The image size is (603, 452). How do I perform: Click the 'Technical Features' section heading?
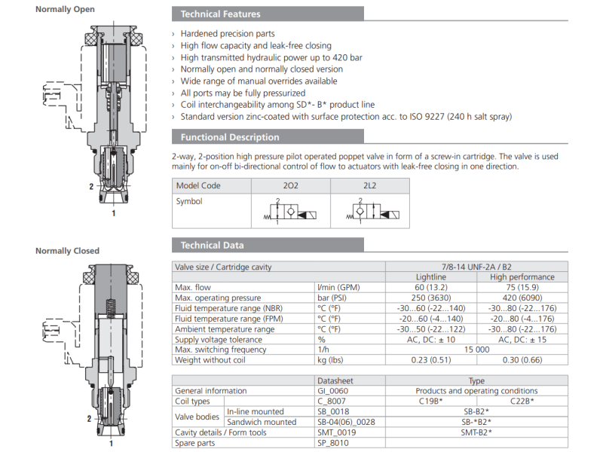coord(220,14)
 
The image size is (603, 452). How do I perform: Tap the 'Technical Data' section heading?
coord(212,245)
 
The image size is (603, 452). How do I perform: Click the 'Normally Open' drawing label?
coord(65,10)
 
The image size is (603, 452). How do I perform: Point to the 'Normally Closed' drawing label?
coord(67,251)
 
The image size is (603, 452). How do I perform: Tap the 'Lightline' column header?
coord(431,277)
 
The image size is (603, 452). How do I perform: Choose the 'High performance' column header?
coord(522,277)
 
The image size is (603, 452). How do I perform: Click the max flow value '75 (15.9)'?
coord(522,287)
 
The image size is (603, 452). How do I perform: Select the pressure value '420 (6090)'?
coord(522,298)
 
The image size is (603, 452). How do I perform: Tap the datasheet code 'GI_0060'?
coord(333,391)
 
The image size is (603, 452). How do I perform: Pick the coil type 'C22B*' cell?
coord(522,402)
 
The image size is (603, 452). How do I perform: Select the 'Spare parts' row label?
coord(194,443)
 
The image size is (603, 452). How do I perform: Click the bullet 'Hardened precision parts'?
coord(227,34)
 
